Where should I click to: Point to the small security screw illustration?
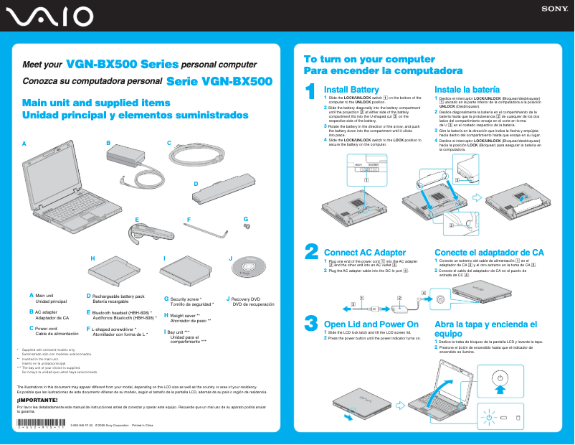click(247, 226)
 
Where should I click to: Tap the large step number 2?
click(311, 251)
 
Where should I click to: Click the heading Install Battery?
click(351, 89)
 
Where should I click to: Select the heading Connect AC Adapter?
click(365, 253)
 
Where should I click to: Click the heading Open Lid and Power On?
click(371, 324)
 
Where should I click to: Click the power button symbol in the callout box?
click(500, 378)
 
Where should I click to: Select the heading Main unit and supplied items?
click(95, 103)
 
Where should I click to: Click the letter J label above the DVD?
click(230, 258)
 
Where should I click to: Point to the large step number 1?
click(310, 91)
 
